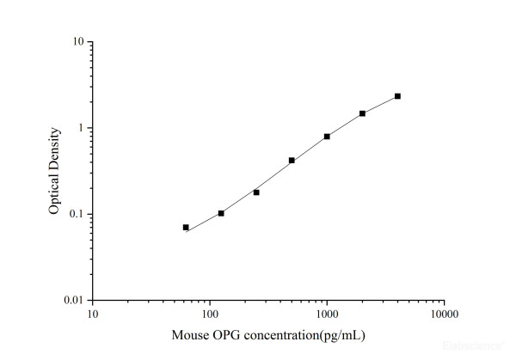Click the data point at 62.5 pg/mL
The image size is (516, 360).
click(x=186, y=228)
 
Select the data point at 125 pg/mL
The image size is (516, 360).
click(x=221, y=213)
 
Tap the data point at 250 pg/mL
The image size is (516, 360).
click(x=256, y=192)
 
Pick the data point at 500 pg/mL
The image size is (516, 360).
click(x=292, y=161)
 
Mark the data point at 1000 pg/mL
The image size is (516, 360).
click(x=327, y=137)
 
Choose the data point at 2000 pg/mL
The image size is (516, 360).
click(x=362, y=113)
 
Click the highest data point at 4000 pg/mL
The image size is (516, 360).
click(x=397, y=96)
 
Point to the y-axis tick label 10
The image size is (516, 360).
click(x=77, y=42)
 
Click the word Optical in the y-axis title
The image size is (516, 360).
click(x=53, y=195)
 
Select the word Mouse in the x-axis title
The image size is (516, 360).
click(x=189, y=333)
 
